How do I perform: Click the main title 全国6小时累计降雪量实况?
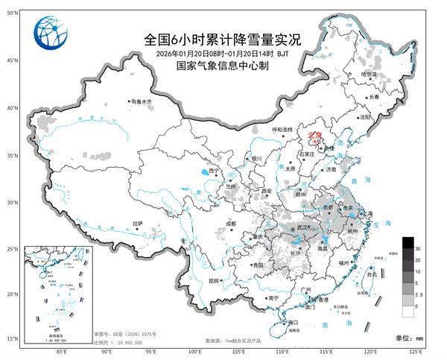click(223, 40)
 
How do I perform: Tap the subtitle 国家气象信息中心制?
click(223, 66)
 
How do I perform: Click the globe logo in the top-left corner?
click(50, 33)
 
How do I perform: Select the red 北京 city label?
click(314, 135)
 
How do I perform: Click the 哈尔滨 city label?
click(369, 75)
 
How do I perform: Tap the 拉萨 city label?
click(137, 223)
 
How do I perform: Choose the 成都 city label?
click(230, 224)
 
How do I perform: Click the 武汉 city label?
click(302, 227)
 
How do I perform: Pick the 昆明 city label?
click(214, 281)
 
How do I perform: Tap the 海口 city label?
click(294, 323)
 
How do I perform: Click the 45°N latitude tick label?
click(12, 59)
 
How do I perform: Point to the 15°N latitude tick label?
click(12, 338)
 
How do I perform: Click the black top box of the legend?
click(408, 243)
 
